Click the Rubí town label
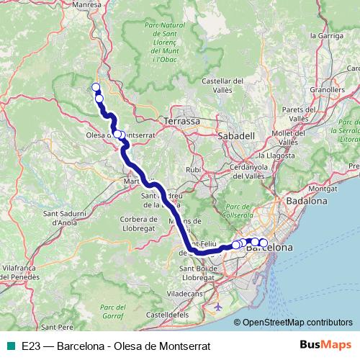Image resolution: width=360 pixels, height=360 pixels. [193, 169]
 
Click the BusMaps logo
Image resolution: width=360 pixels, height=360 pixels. [324, 346]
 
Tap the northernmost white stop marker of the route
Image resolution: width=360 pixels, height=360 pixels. [96, 88]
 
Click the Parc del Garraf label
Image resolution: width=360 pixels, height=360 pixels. [118, 311]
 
